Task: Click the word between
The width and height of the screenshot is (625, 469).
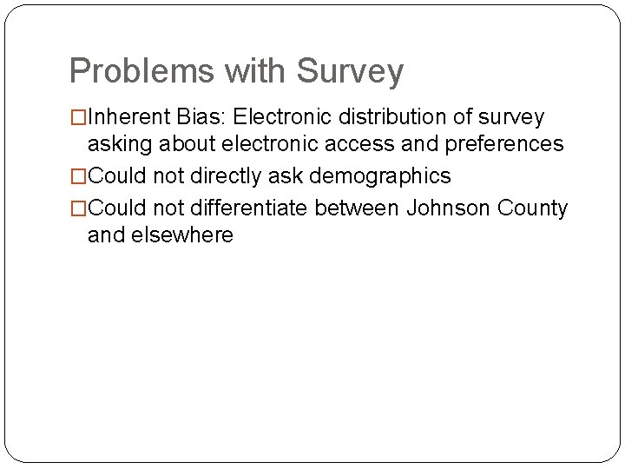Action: [358, 208]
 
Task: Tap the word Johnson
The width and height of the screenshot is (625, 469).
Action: [448, 208]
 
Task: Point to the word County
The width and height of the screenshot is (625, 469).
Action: [532, 208]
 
